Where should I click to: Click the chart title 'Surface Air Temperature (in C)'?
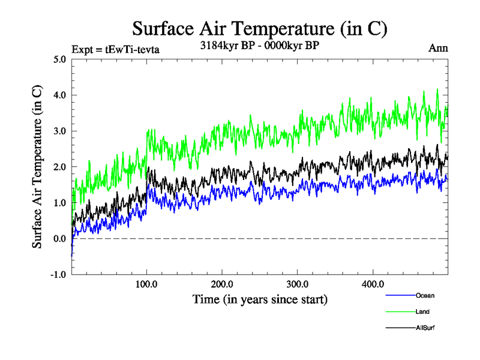coord(260,28)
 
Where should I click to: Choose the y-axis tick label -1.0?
coord(58,275)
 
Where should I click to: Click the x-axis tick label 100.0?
coord(147,284)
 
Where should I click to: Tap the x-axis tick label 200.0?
coord(222,284)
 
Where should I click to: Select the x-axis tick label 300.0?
coord(298,284)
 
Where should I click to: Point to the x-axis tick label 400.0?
coord(373,284)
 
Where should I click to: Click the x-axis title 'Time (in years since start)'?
coord(260,298)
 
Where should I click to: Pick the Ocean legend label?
coord(425,296)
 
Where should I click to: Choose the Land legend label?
coord(422,312)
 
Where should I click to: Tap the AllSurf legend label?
coord(425,328)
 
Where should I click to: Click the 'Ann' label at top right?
coord(437,48)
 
